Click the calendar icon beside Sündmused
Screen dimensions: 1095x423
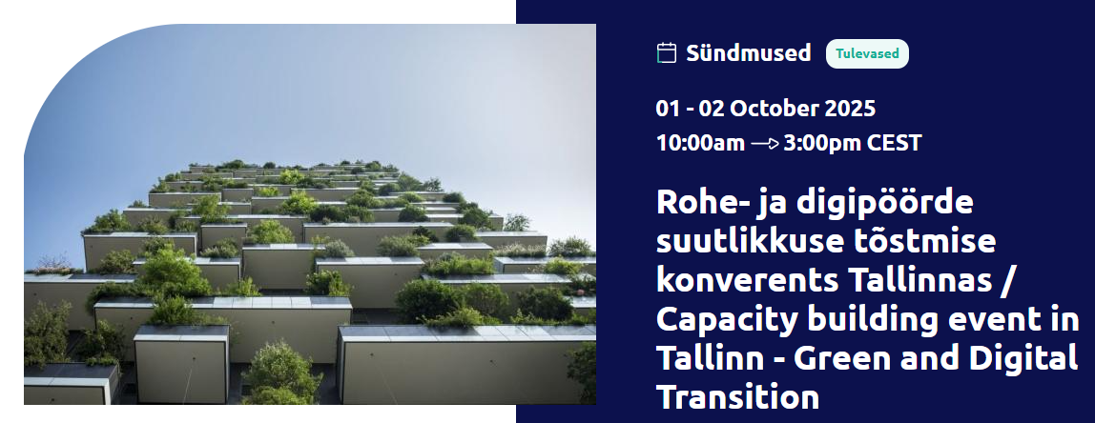pyautogui.click(x=667, y=53)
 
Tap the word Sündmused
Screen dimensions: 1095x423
pyautogui.click(x=749, y=53)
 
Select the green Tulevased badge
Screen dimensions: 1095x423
pyautogui.click(x=867, y=53)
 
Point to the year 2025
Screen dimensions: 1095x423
pyautogui.click(x=850, y=109)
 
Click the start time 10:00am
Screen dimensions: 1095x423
pyautogui.click(x=700, y=143)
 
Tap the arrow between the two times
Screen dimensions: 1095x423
pyautogui.click(x=765, y=144)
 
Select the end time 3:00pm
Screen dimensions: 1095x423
pyautogui.click(x=821, y=143)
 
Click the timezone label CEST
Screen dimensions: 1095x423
pyautogui.click(x=894, y=143)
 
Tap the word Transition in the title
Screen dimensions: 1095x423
pyautogui.click(x=737, y=398)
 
